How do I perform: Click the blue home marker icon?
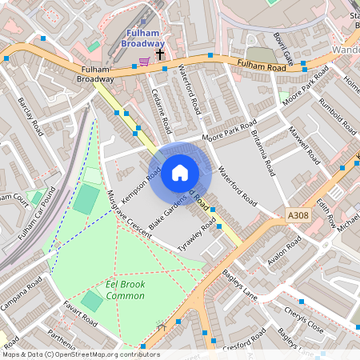(x=180, y=173)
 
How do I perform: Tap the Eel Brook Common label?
(x=126, y=289)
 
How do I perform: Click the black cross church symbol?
(x=160, y=54)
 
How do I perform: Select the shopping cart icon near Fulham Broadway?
(x=144, y=61)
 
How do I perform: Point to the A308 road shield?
(x=297, y=215)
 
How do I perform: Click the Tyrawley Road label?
(x=198, y=237)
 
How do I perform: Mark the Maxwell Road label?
(x=303, y=141)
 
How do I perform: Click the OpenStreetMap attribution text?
(x=80, y=354)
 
